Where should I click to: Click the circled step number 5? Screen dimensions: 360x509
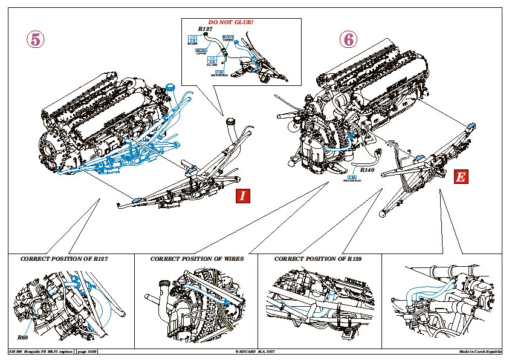36,39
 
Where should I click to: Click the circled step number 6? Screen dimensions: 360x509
349,39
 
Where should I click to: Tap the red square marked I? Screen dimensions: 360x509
242,195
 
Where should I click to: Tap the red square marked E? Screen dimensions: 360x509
461,177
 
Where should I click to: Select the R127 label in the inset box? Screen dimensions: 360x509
207,28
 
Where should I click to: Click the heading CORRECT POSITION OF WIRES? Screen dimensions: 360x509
197,258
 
